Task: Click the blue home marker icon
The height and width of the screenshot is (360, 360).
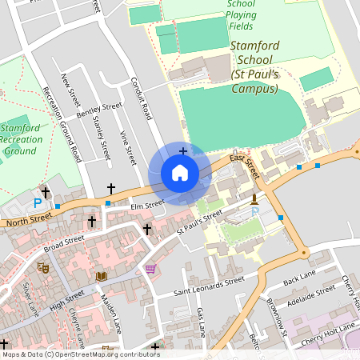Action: tap(180, 173)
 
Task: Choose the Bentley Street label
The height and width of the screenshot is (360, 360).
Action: tap(98, 111)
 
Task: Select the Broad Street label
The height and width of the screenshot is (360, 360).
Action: tap(64, 242)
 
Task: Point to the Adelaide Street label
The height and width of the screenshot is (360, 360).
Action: tap(310, 296)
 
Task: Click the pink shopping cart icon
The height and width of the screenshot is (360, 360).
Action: tap(150, 268)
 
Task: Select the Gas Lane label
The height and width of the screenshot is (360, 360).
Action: tap(201, 321)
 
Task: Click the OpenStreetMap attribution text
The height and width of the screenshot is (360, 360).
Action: tap(81, 354)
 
